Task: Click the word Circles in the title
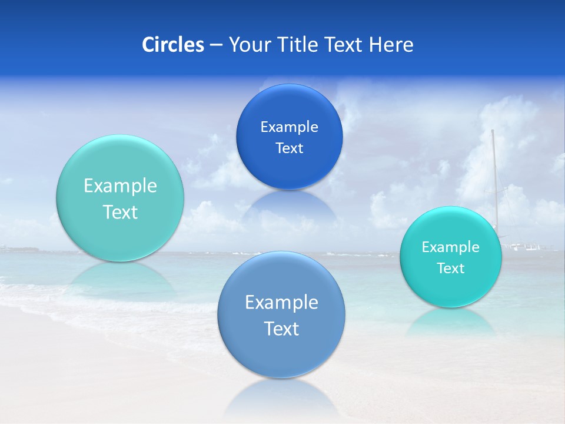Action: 172,45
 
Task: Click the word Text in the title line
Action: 345,45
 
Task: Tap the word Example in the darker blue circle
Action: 289,127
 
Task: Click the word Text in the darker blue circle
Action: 289,148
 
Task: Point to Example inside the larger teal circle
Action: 120,186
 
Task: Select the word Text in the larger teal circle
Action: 120,212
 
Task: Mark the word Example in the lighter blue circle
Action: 281,302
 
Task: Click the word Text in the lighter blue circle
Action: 281,329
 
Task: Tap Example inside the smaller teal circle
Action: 450,247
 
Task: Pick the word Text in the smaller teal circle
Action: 450,269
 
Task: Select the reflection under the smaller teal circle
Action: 450,321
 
